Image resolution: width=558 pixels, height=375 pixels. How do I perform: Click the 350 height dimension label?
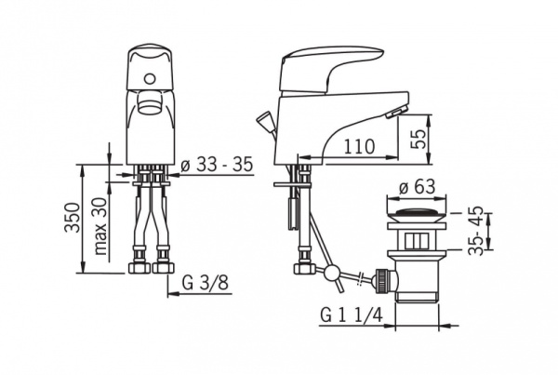[x=72, y=217]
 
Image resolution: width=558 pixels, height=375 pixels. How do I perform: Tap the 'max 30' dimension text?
[x=101, y=226]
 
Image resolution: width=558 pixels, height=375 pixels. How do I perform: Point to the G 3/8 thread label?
[x=205, y=283]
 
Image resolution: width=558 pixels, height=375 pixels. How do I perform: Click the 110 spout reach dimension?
[x=359, y=146]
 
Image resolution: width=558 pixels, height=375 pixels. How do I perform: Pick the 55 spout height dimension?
[x=418, y=139]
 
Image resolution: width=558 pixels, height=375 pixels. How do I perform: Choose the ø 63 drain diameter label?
[x=417, y=186]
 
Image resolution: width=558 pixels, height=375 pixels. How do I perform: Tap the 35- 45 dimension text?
[x=476, y=231]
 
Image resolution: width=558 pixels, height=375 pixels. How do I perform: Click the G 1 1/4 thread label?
[x=352, y=315]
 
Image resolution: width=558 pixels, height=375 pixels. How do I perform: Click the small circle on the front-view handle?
[x=150, y=78]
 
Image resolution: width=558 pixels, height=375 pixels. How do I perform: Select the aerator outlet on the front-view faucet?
[x=150, y=102]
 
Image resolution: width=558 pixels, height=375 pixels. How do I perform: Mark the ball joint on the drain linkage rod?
[x=331, y=273]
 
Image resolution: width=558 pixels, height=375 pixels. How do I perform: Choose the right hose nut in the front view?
[x=163, y=268]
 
